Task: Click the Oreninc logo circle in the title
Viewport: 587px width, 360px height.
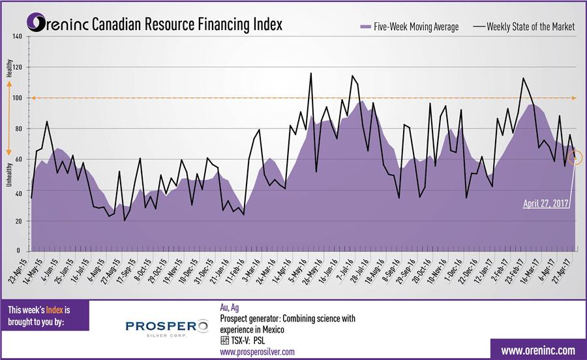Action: pyautogui.click(x=40, y=25)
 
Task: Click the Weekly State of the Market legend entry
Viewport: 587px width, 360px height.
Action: pyautogui.click(x=524, y=27)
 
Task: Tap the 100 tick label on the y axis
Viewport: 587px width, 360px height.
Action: pyautogui.click(x=18, y=98)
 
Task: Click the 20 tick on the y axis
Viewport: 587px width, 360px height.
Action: pyautogui.click(x=19, y=221)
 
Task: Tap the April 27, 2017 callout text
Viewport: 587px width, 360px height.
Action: pyautogui.click(x=546, y=203)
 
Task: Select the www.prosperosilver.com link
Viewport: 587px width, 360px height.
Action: pyautogui.click(x=257, y=352)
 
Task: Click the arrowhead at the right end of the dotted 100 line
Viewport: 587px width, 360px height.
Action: pyautogui.click(x=572, y=98)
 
